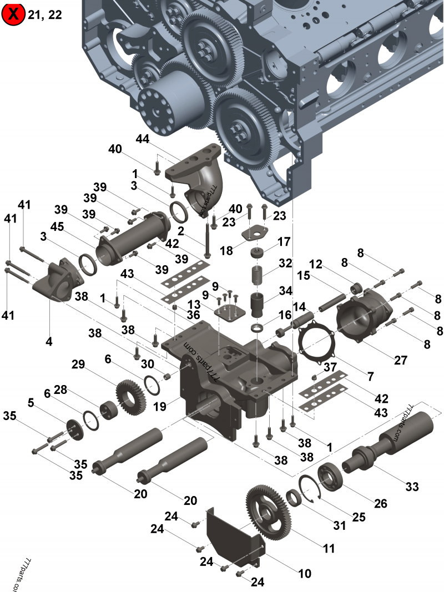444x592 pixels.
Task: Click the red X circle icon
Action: (13, 15)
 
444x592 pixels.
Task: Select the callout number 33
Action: (411, 487)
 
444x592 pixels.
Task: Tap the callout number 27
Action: (401, 360)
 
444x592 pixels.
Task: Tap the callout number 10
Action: (305, 573)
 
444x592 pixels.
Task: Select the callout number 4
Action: (49, 342)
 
